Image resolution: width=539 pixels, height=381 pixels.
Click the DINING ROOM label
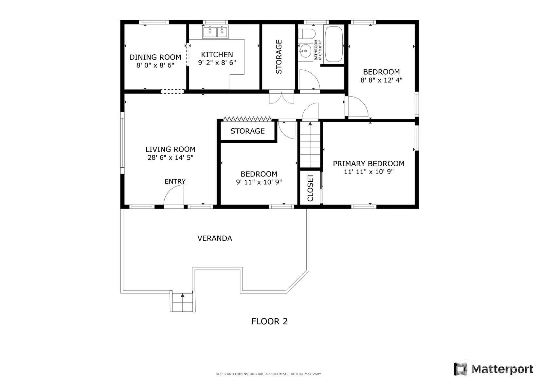pos(155,57)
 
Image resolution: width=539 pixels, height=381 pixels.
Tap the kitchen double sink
pos(215,32)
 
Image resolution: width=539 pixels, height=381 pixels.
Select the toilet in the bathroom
pos(307,34)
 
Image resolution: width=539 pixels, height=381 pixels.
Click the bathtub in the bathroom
pos(333,44)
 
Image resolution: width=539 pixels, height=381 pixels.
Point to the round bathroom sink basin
pos(305,51)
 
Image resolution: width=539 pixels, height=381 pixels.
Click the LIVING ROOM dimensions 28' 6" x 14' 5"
pos(171,158)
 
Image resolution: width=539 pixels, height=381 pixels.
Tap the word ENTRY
pos(175,181)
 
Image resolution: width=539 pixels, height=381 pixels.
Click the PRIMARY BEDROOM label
pos(368,164)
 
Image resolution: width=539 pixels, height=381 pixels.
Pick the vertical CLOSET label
pos(310,188)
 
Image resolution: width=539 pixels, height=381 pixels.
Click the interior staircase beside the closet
pos(310,144)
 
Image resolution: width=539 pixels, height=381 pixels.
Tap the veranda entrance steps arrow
pos(182,295)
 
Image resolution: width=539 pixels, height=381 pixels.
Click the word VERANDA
pos(215,238)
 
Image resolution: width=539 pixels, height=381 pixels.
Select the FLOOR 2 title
pos(270,321)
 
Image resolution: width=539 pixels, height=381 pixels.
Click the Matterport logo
pos(493,369)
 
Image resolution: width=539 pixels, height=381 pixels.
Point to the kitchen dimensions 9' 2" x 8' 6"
pos(217,63)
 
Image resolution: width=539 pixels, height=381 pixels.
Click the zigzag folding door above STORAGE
pos(247,119)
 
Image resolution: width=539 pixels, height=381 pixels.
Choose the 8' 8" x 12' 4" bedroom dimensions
pos(381,80)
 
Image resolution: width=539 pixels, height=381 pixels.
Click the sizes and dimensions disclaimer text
pos(269,374)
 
